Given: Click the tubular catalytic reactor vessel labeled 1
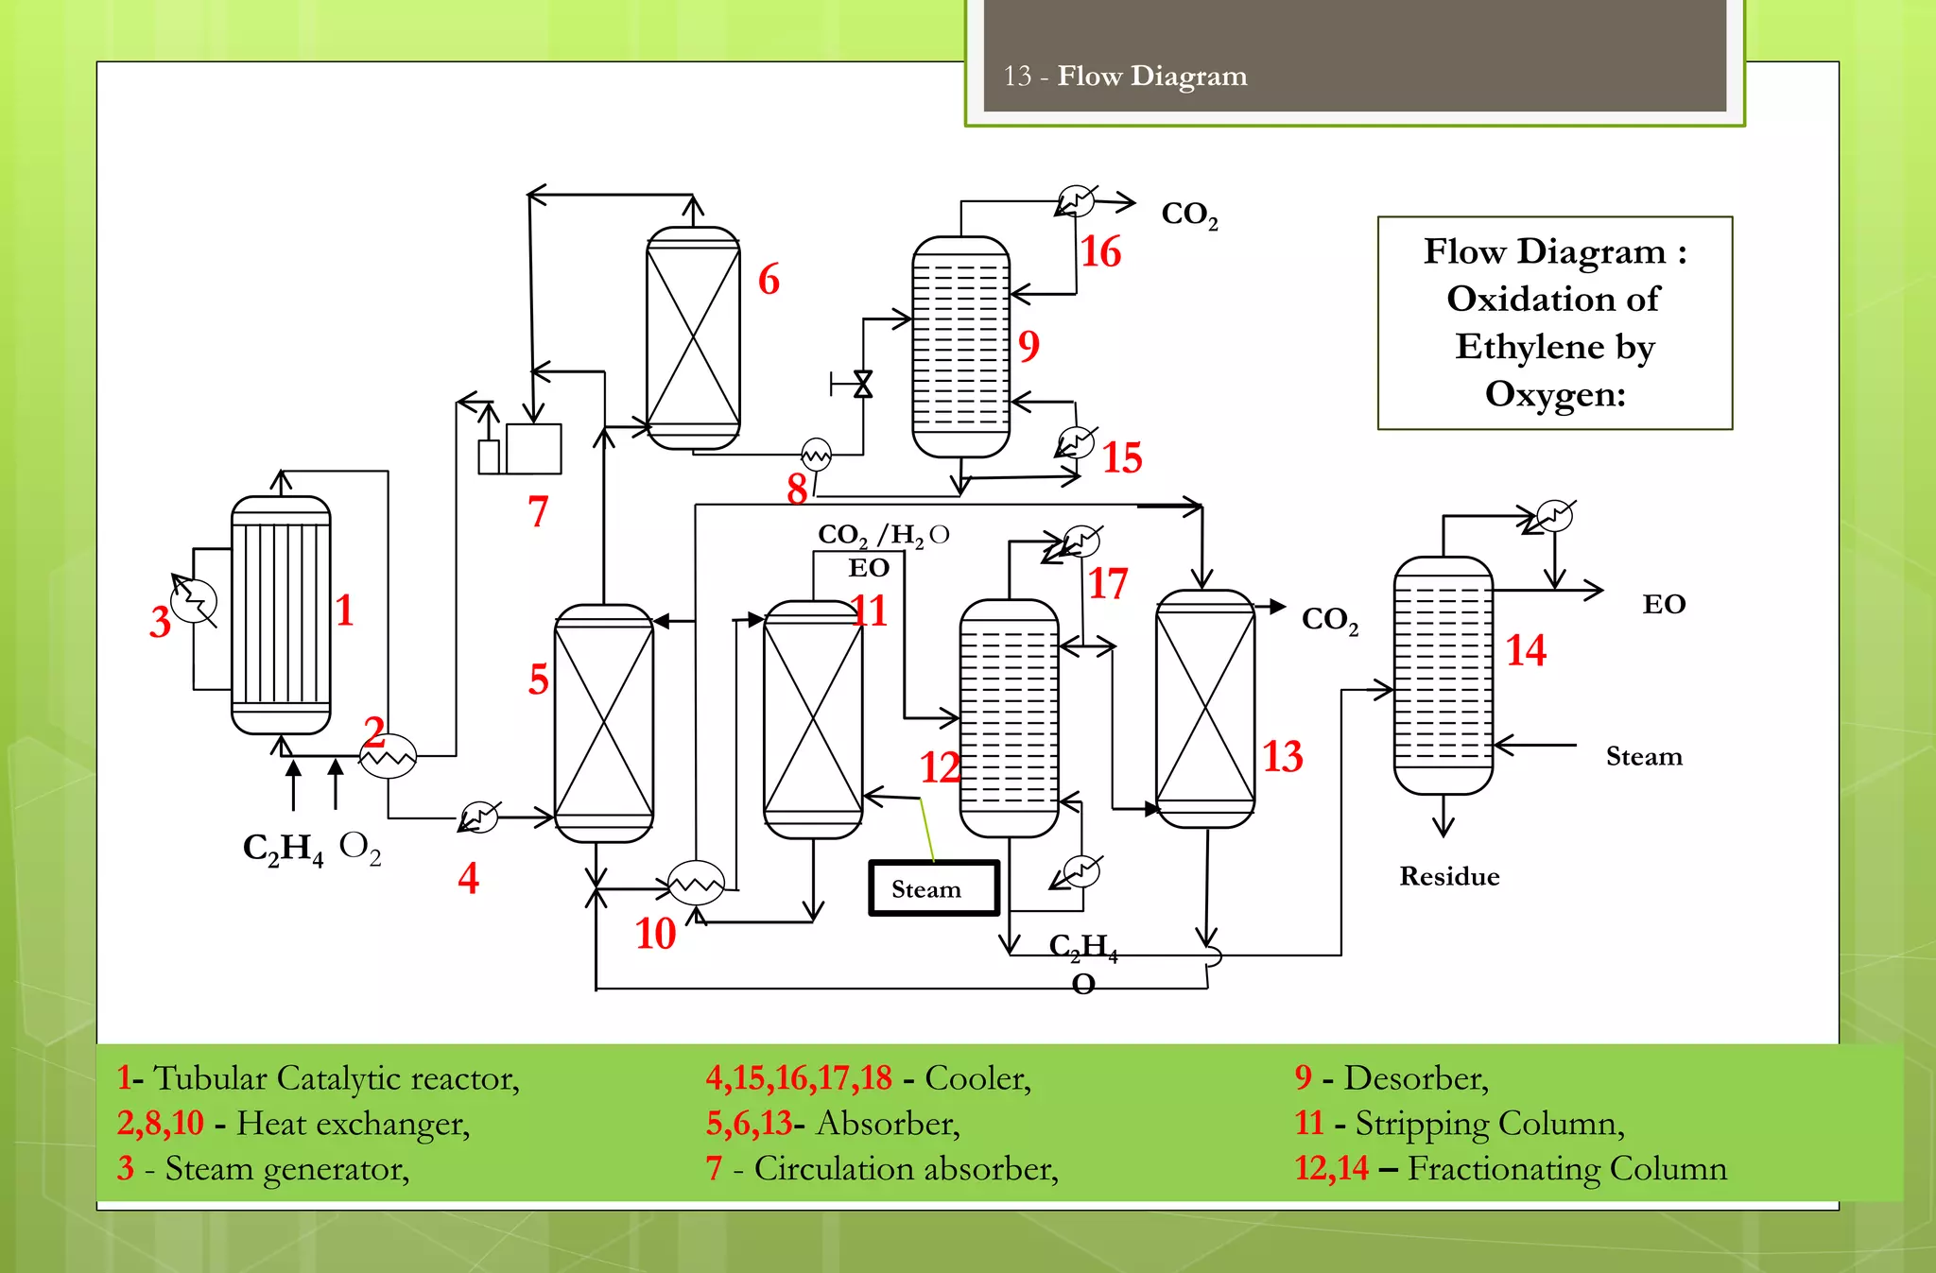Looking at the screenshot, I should coord(281,614).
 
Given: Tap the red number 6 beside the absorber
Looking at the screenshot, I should coord(769,281).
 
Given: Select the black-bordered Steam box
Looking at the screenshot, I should coord(933,888).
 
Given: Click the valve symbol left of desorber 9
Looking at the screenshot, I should coord(862,384).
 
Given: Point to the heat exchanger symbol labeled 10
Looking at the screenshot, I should coord(696,884).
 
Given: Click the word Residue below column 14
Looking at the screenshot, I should coord(1449,877).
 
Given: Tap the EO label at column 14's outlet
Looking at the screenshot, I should coord(1664,605).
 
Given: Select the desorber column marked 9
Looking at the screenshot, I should coord(960,347).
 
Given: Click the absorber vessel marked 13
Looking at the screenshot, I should coord(1205,709).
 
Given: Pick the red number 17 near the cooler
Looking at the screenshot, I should coord(1108,584).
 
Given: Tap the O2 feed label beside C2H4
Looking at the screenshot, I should coord(360,847).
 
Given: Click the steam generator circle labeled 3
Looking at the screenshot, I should coord(196,601).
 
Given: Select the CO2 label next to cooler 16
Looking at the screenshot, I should coord(1189,215).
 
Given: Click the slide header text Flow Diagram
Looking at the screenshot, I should coord(1151,76).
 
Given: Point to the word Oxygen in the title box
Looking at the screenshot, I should coord(1554,393).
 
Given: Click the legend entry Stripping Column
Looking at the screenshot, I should coord(1489,1124).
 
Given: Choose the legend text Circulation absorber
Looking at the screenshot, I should coord(905,1169).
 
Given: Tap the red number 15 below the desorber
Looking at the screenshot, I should coord(1122,458).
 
